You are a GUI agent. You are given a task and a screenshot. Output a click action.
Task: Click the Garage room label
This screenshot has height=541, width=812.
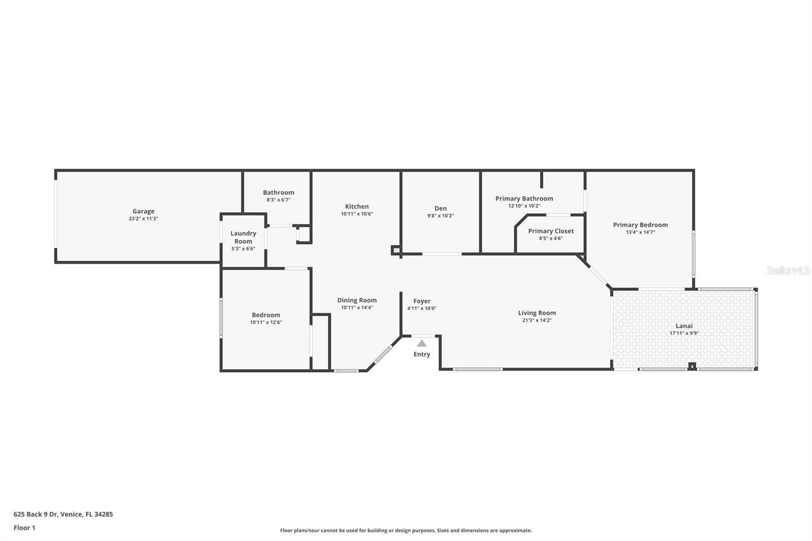144,211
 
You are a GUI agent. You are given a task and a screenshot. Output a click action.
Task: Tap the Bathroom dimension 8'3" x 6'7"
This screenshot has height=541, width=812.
278,200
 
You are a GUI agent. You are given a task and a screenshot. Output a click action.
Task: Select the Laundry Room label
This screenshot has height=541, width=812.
243,237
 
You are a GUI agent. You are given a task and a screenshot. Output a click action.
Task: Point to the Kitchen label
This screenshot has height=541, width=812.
357,206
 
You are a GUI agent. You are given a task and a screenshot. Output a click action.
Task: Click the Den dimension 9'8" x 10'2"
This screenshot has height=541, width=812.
440,216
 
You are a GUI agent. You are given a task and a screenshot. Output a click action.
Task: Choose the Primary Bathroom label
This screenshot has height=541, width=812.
524,198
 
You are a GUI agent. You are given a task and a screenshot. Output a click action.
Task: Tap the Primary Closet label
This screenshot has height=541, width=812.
551,231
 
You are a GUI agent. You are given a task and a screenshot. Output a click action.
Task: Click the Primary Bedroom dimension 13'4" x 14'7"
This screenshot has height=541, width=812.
640,232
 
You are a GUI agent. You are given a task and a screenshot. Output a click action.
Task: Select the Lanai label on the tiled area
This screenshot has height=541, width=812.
684,326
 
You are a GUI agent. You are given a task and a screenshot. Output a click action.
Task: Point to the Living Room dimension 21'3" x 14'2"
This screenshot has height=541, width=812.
537,320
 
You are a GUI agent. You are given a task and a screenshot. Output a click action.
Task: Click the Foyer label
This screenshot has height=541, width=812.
422,301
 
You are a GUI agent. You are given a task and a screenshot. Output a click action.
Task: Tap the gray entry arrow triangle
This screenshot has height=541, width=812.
422,344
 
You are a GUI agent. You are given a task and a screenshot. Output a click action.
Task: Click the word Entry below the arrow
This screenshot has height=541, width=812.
422,354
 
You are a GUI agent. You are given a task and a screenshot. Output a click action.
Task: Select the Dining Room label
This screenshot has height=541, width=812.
357,300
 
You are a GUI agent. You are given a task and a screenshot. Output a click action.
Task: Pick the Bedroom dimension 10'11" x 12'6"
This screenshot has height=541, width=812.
265,322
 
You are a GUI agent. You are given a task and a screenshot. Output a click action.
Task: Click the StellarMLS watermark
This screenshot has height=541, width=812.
788,270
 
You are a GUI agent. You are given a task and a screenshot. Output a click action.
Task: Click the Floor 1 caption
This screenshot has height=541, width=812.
24,528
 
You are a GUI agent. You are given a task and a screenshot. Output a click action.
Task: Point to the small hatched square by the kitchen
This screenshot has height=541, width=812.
395,250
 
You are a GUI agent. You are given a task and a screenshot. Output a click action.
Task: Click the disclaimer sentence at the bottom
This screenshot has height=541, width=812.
406,530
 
